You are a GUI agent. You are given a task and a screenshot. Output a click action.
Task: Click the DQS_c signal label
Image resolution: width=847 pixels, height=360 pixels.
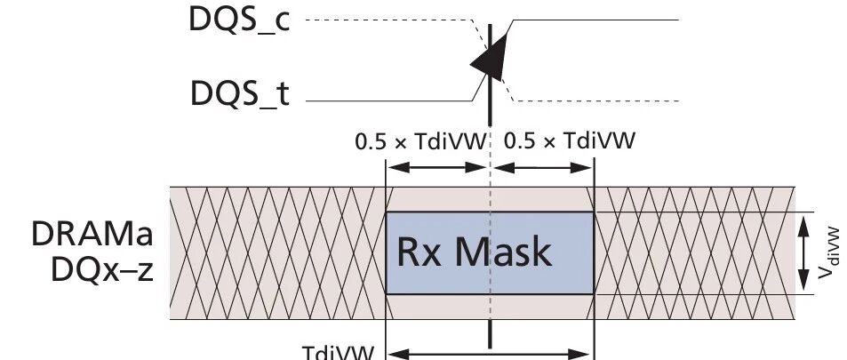pyautogui.click(x=239, y=20)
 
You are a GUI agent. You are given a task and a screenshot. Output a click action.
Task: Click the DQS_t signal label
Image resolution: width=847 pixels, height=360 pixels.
pyautogui.click(x=240, y=93)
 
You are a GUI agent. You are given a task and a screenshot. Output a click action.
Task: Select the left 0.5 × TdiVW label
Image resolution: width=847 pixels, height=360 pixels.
pyautogui.click(x=420, y=141)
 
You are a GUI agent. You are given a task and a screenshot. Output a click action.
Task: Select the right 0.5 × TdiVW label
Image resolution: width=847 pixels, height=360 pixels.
pyautogui.click(x=570, y=141)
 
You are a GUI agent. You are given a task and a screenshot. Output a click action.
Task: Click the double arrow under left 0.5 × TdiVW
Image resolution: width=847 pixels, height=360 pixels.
pyautogui.click(x=437, y=168)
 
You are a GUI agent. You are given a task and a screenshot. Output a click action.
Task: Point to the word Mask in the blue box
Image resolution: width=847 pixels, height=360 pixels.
pyautogui.click(x=503, y=252)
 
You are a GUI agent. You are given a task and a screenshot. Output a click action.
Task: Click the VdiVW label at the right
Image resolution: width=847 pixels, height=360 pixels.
pyautogui.click(x=828, y=253)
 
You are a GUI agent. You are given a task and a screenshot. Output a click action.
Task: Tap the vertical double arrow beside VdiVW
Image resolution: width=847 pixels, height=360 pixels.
pyautogui.click(x=803, y=253)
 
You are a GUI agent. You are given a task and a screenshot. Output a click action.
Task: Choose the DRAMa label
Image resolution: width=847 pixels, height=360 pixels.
pyautogui.click(x=92, y=234)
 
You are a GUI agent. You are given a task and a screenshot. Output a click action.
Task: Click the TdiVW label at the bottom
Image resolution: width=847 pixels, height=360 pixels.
pyautogui.click(x=338, y=353)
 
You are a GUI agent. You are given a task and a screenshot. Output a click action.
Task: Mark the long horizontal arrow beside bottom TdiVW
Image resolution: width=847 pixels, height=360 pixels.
pyautogui.click(x=490, y=355)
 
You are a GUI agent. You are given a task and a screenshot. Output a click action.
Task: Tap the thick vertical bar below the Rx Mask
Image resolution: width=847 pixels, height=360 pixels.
pyautogui.click(x=490, y=334)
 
